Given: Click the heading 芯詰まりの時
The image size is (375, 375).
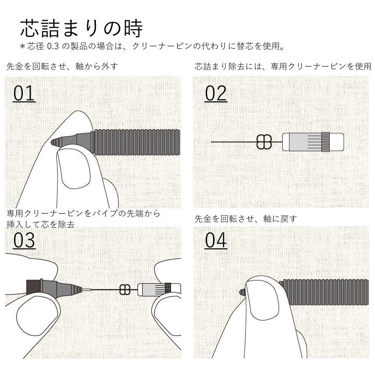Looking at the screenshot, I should click(82, 29).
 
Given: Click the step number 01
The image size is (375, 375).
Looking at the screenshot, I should click(24, 94).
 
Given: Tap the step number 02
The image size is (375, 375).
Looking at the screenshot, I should click(215, 94).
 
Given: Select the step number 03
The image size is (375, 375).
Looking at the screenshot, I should click(24, 240).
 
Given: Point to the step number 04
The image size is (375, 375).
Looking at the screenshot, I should click(215, 240).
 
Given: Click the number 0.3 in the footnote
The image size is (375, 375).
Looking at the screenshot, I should click(53, 46).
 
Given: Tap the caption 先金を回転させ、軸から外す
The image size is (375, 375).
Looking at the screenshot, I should click(62, 67).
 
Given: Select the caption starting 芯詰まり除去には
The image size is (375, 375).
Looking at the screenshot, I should click(283, 67).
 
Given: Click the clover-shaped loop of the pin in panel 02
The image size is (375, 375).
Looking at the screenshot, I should click(264, 142).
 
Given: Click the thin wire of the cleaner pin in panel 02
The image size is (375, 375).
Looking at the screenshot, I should click(233, 142).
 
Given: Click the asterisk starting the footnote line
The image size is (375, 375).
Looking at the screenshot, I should click(23, 46).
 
